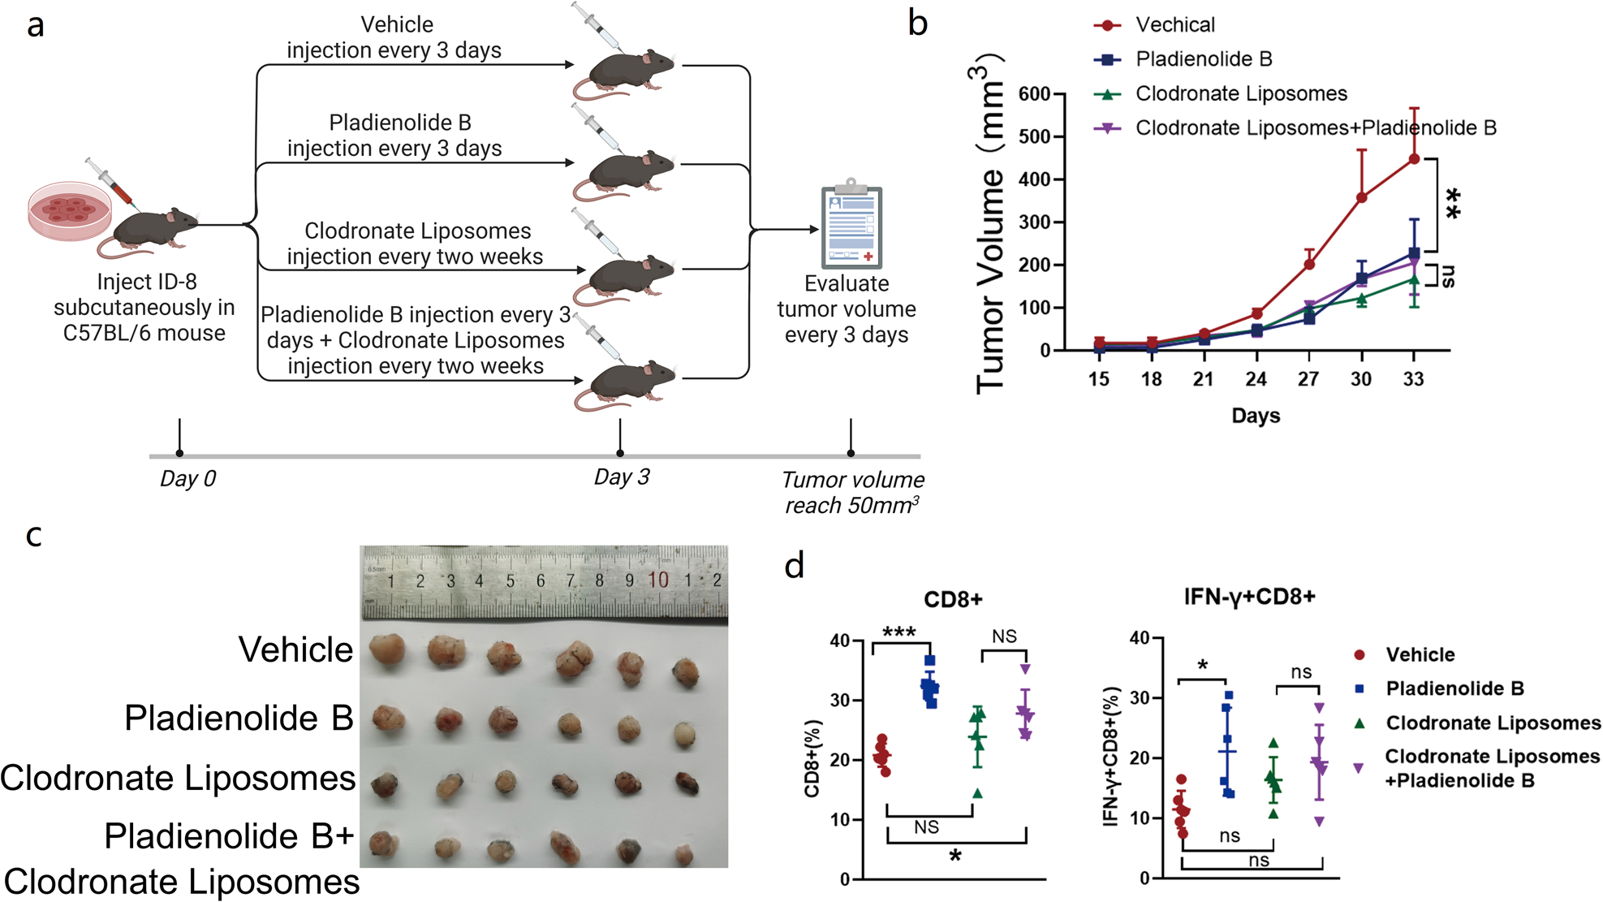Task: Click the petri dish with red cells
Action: pos(70,210)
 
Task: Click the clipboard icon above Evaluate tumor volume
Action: pos(851,226)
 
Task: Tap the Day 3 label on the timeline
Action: pos(622,477)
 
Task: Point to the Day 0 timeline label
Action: pos(187,478)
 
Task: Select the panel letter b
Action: pos(917,24)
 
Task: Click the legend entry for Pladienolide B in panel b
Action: pos(1203,59)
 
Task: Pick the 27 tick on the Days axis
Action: pos(1308,379)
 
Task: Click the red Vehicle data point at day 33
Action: pos(1414,159)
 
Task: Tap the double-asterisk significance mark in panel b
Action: pos(1453,203)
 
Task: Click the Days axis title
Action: pos(1256,416)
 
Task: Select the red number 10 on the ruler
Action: pos(658,580)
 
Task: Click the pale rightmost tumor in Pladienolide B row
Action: pos(685,733)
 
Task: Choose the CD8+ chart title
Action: pos(953,600)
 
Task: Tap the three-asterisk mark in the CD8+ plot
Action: pos(898,632)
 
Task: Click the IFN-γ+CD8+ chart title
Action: pos(1249,598)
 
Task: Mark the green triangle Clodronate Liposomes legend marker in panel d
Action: pos(1360,723)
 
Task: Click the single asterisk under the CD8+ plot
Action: pos(955,856)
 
